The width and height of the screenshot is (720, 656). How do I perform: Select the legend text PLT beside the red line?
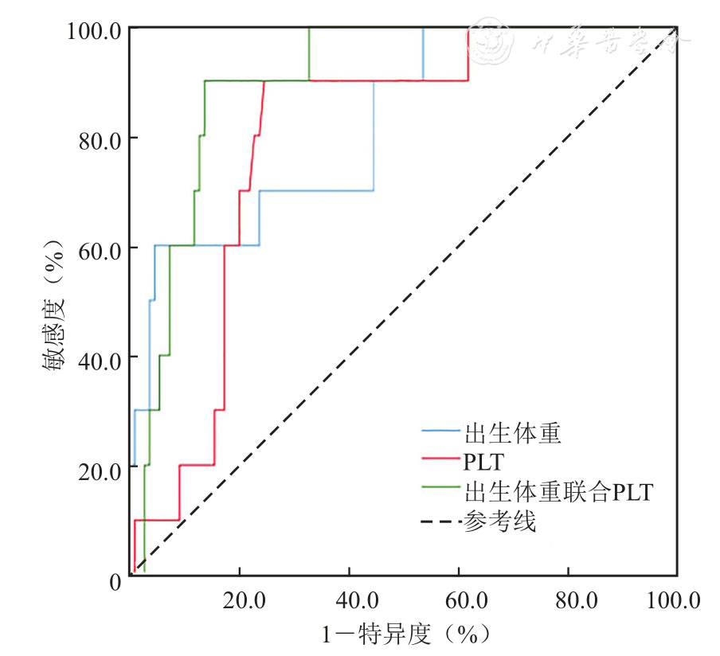pos(483,462)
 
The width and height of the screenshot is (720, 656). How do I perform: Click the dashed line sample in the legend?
pos(440,522)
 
